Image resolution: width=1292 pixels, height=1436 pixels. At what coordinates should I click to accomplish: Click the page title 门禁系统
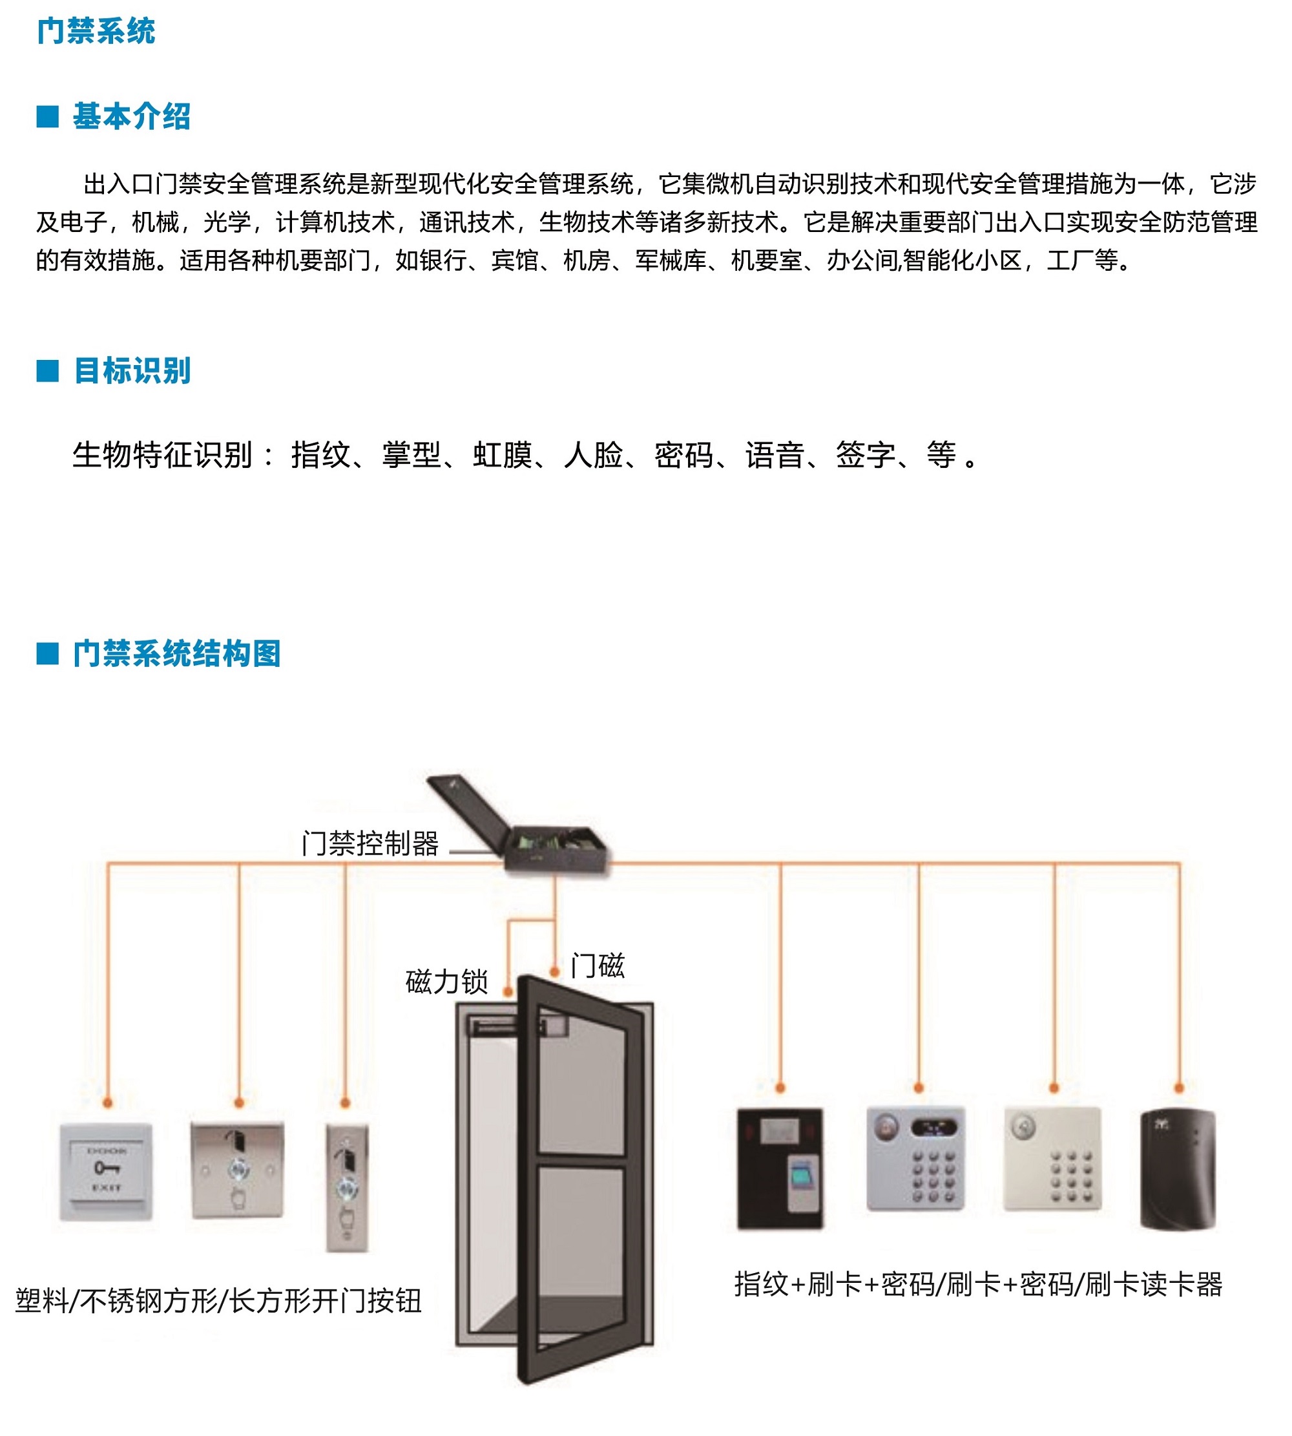[x=96, y=31]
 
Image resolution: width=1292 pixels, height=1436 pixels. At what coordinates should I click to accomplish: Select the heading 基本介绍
[x=132, y=116]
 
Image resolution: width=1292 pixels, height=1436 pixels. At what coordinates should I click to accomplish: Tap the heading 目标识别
[x=132, y=371]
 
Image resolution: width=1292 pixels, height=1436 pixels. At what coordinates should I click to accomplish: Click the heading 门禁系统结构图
[x=177, y=653]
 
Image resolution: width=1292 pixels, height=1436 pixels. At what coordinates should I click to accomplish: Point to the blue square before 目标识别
[x=48, y=371]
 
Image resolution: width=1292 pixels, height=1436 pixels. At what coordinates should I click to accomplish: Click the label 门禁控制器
[x=371, y=844]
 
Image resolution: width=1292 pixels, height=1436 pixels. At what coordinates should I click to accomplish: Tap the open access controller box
[x=519, y=824]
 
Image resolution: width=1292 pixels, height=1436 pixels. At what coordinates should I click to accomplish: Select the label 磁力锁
[x=447, y=982]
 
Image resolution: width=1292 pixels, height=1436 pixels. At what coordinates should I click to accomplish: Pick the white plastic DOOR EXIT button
[x=107, y=1171]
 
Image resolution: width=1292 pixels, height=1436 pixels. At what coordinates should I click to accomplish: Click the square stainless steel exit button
[x=238, y=1170]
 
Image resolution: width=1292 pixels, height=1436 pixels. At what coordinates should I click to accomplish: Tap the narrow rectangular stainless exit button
[x=347, y=1187]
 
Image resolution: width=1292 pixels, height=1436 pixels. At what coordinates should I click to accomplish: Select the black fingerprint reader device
[x=780, y=1168]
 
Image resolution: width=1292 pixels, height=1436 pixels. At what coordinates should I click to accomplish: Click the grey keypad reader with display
[x=917, y=1158]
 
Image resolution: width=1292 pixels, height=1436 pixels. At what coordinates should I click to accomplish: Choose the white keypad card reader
[x=1053, y=1158]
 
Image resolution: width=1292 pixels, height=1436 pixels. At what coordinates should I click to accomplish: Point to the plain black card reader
[x=1178, y=1170]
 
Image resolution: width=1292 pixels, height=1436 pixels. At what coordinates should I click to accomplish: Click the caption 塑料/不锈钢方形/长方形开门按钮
[x=218, y=1301]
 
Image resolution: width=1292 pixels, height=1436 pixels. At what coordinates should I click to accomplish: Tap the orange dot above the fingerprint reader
[x=780, y=1088]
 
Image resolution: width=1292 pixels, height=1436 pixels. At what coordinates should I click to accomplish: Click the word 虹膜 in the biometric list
[x=503, y=454]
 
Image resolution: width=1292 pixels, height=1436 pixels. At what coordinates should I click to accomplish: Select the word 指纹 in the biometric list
[x=321, y=454]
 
